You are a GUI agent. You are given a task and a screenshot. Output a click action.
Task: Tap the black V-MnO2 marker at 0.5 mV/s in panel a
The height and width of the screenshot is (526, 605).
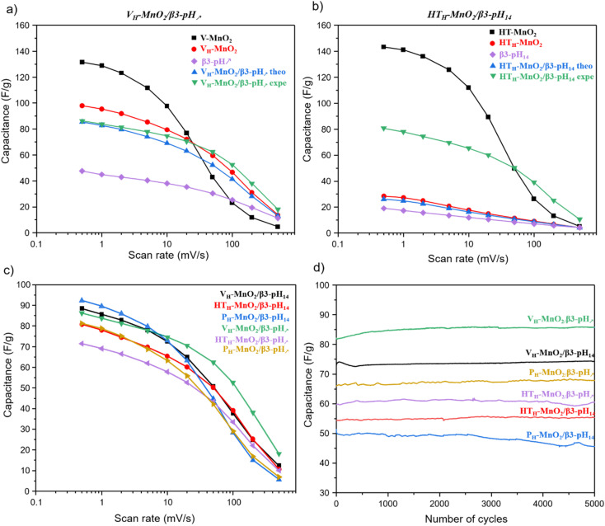82,62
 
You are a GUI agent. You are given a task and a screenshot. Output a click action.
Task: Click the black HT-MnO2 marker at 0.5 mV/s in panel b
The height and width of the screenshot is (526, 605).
383,47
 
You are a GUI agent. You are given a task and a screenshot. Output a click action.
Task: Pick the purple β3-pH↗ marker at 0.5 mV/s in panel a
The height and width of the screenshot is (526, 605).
82,171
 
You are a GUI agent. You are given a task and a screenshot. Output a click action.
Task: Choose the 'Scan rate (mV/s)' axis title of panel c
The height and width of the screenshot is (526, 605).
162,518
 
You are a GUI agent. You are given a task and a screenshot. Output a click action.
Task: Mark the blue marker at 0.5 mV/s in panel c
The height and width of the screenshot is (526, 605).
82,301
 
